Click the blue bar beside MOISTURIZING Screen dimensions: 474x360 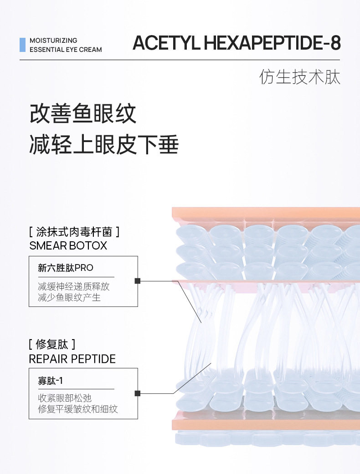[x=22, y=45]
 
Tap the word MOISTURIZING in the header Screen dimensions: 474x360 [x=53, y=41]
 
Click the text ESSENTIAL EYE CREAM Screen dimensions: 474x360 [x=66, y=50]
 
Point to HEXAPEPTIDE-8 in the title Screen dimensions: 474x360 [x=272, y=43]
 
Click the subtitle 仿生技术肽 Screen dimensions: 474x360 [x=300, y=77]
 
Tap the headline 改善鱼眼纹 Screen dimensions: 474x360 [x=83, y=113]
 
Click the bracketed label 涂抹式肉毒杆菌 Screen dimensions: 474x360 [x=74, y=232]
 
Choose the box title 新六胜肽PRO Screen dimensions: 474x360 [x=65, y=268]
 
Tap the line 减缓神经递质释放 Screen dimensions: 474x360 [x=73, y=287]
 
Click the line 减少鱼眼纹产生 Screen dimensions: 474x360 [x=69, y=297]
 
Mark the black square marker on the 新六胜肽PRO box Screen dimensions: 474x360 [x=138, y=281]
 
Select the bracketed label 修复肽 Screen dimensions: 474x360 [x=51, y=344]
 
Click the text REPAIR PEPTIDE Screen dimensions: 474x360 [x=72, y=359]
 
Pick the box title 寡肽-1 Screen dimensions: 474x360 [x=50, y=380]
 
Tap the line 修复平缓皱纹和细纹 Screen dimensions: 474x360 [x=77, y=409]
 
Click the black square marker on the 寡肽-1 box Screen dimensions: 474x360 [x=138, y=393]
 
